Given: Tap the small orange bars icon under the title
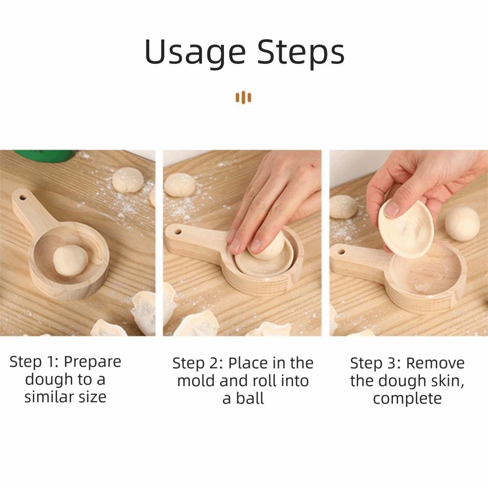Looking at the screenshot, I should point(244,97).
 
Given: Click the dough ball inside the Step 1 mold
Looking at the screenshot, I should point(70,260).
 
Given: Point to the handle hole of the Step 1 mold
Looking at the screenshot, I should point(22,198).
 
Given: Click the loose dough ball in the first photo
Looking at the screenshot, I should point(128,179).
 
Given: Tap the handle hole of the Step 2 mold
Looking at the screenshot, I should point(177,231).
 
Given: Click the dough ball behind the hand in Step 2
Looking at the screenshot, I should point(179,185).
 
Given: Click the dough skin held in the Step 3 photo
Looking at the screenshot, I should point(406,228).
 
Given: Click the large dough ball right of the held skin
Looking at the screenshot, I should point(462,223).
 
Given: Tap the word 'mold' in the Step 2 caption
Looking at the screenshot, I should point(196,381).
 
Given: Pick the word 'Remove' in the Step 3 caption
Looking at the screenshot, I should point(435,363).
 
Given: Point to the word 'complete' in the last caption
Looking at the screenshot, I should point(407,398).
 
